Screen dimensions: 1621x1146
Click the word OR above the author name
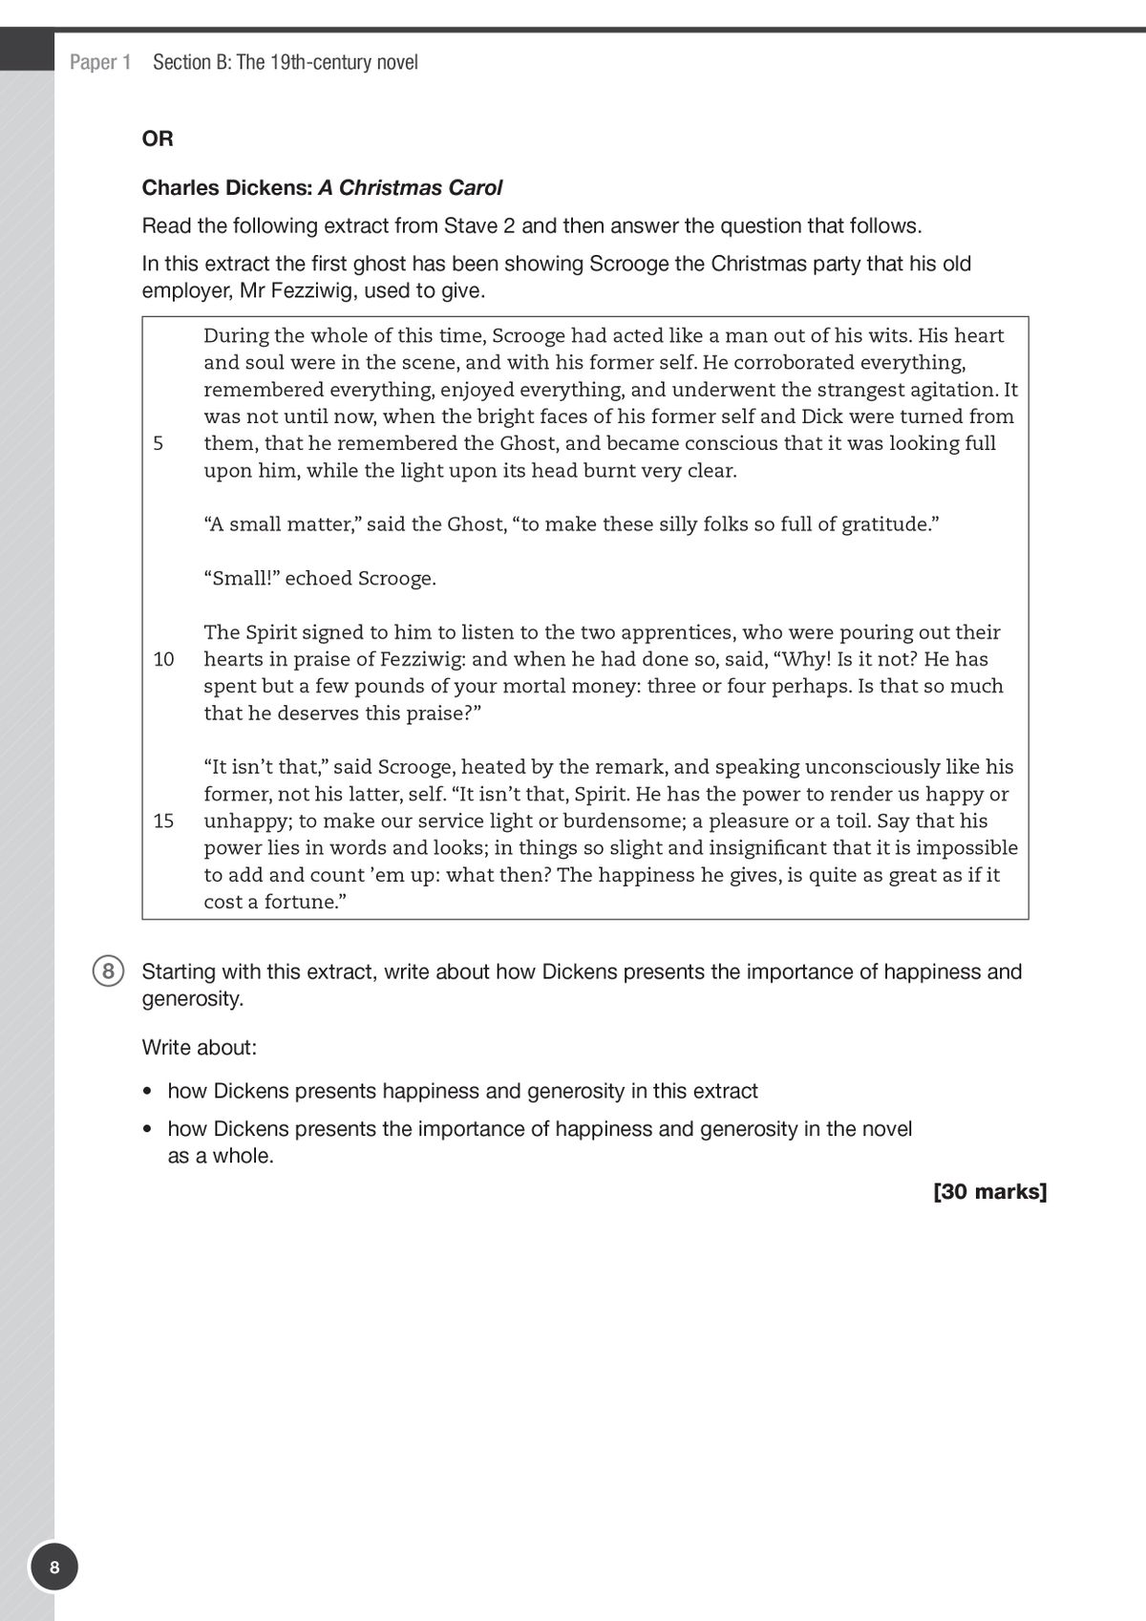point(158,139)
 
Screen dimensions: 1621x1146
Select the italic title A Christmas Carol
point(410,188)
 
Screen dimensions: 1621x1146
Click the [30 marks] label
point(989,1192)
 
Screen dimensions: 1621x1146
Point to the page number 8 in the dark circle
point(54,1568)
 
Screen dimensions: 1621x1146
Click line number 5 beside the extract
point(159,444)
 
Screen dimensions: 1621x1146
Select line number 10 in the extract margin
point(163,660)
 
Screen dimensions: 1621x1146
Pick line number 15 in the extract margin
point(163,821)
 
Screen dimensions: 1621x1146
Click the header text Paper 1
point(100,63)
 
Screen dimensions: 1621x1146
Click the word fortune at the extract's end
point(298,903)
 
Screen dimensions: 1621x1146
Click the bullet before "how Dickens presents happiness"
point(147,1092)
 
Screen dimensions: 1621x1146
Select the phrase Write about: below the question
point(199,1048)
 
